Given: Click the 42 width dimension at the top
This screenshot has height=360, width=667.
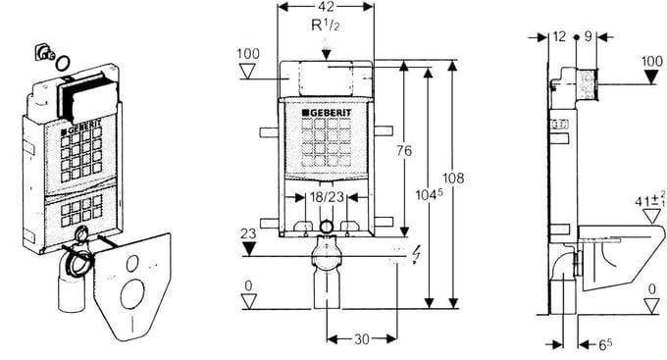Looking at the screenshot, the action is [x=326, y=6].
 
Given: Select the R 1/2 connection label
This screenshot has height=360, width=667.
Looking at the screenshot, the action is [x=326, y=26].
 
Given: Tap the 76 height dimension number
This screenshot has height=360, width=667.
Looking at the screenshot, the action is [x=404, y=150].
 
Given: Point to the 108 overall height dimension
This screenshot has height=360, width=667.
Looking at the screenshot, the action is [x=453, y=178].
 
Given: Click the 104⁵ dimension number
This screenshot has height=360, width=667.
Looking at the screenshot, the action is [x=430, y=194].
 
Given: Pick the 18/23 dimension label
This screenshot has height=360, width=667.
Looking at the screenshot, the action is [x=327, y=197].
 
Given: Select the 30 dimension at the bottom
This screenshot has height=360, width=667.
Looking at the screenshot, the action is [x=362, y=339].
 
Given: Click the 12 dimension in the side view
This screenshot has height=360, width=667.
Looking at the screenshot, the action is [x=559, y=36].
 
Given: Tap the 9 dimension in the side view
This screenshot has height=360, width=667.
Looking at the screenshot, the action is [x=588, y=36].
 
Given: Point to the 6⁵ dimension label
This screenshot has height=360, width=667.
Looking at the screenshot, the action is [x=605, y=344].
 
